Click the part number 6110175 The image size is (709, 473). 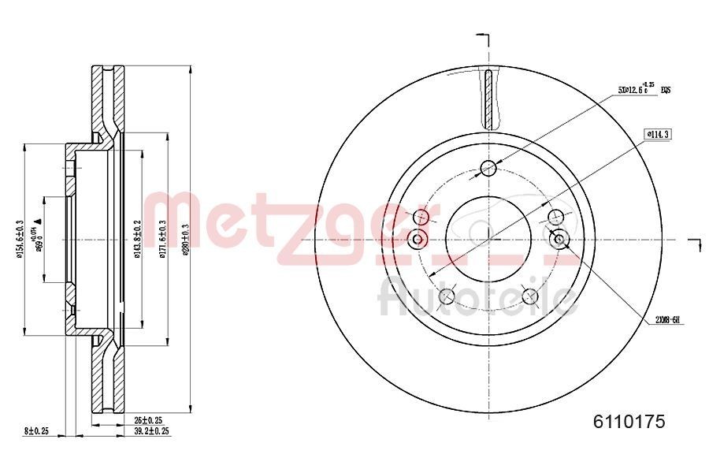pos(629,422)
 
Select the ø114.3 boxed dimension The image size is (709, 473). pos(658,134)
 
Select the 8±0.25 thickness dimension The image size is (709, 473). pos(37,431)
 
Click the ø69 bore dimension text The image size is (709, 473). pos(35,236)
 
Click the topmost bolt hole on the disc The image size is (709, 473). pos(488,167)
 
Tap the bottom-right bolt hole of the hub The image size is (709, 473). pos(529,296)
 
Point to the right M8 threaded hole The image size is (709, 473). pos(559,239)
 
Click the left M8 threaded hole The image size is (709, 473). pos(418,238)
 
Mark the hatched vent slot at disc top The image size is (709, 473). pos(489,99)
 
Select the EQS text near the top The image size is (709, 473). pos(665,90)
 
